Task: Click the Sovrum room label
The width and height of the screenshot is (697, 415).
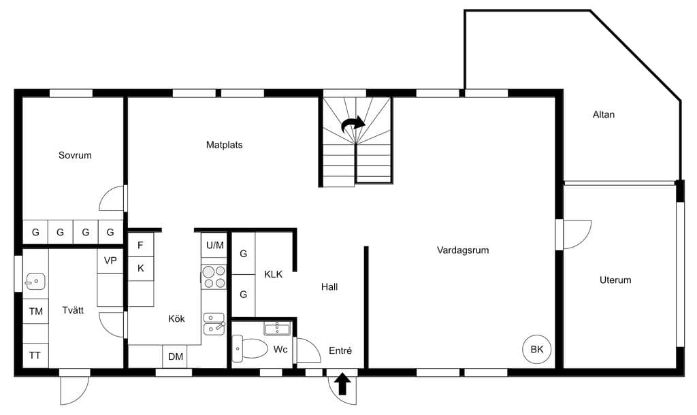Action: [x=75, y=155]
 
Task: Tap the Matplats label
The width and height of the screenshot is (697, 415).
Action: [x=224, y=144]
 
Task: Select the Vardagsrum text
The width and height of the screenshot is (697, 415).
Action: [x=463, y=250]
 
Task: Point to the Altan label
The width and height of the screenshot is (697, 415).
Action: [x=603, y=114]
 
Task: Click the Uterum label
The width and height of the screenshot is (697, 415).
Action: [x=615, y=280]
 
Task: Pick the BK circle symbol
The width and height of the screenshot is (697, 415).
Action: [x=537, y=349]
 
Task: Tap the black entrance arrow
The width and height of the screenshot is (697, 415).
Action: [x=342, y=384]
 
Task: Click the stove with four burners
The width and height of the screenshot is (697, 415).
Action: [x=214, y=277]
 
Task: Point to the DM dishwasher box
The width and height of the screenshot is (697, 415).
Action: [x=175, y=356]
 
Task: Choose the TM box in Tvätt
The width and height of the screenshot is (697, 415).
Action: [x=35, y=311]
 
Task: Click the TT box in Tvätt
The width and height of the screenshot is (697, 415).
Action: [x=35, y=355]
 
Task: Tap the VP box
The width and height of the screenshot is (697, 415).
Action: [x=110, y=261]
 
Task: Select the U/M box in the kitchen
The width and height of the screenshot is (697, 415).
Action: [x=214, y=245]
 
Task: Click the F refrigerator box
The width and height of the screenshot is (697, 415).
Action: [x=140, y=245]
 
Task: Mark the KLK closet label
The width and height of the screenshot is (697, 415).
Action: [x=273, y=274]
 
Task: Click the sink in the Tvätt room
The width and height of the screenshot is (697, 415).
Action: [x=35, y=281]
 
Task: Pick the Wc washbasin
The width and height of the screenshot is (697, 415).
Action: [x=277, y=329]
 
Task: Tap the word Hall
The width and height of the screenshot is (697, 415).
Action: [x=329, y=287]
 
